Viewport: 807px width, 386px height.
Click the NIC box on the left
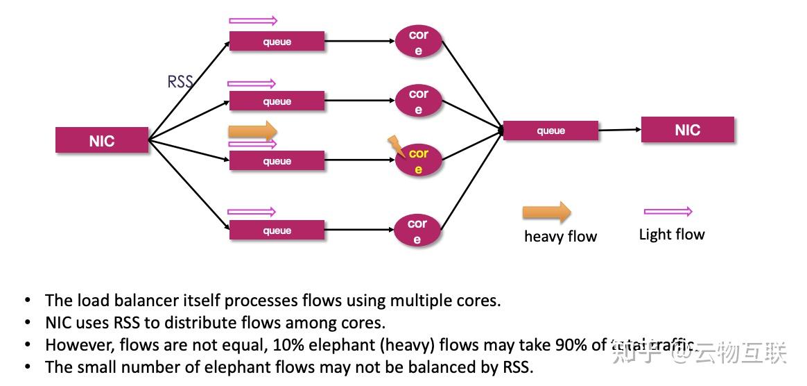102,140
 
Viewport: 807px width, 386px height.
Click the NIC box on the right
687,130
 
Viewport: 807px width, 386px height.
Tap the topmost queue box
277,42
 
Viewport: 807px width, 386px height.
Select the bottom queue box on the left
277,230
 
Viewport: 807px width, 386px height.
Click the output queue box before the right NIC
550,131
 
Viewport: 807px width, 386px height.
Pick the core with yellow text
418,161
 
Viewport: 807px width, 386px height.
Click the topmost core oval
418,42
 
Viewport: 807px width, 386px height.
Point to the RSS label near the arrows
180,82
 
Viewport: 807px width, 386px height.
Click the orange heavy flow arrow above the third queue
252,131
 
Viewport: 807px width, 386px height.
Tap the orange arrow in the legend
546,212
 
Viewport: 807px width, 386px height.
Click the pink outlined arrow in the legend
668,212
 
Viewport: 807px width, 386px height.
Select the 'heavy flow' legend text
560,237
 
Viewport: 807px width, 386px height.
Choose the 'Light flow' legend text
671,235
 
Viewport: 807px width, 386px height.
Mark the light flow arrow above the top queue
252,21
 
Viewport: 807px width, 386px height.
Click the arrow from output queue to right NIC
619,130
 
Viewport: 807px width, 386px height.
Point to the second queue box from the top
277,101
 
